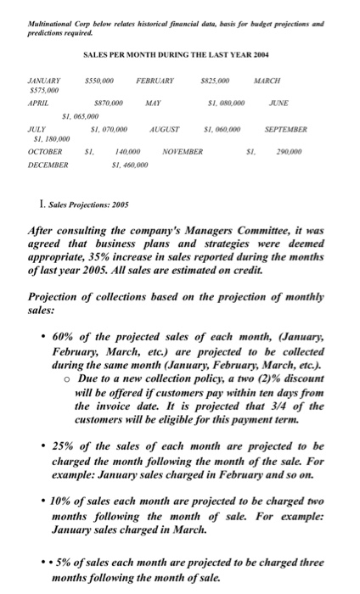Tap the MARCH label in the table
click(291, 81)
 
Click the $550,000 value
click(100, 81)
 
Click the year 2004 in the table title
click(255, 54)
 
